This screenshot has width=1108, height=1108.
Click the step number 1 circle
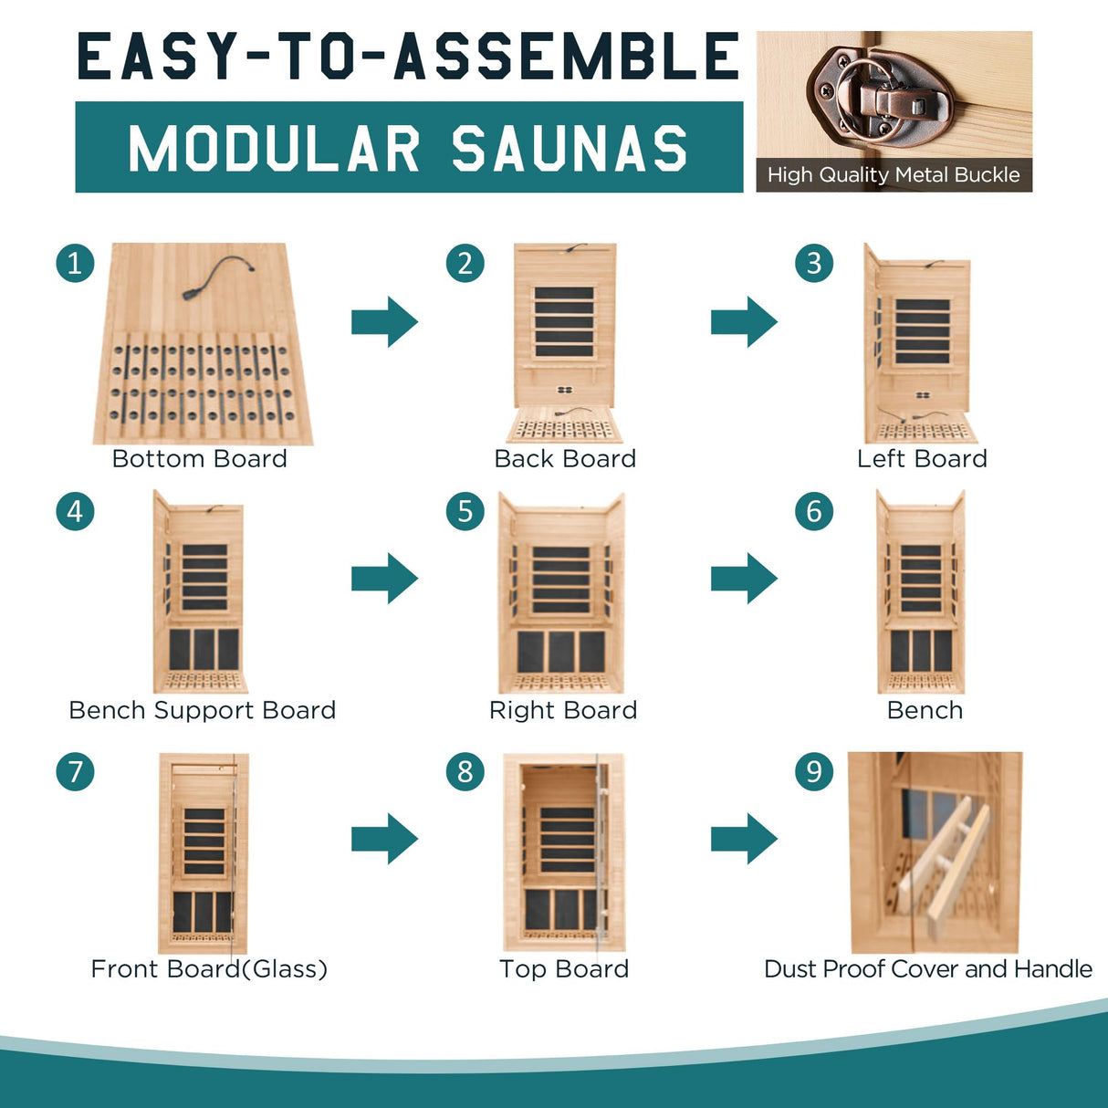click(x=75, y=264)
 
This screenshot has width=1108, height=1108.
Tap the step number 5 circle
click(x=465, y=511)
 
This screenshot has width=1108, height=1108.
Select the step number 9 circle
click(x=814, y=772)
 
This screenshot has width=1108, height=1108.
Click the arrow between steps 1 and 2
click(x=384, y=321)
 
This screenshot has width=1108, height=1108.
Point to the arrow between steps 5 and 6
click(x=744, y=578)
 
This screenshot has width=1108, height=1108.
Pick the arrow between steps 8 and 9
click(x=744, y=838)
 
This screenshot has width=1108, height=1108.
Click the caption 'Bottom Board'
click(x=199, y=458)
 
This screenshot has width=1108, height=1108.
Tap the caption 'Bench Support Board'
click(x=202, y=710)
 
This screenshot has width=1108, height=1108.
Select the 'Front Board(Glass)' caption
click(x=209, y=968)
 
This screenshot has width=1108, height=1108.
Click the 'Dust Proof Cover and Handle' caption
click(x=927, y=968)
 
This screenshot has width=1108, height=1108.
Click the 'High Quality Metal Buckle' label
click(x=894, y=174)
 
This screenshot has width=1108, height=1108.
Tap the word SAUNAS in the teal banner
click(x=570, y=149)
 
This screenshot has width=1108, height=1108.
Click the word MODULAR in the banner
click(x=274, y=149)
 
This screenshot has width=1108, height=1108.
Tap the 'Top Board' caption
click(x=564, y=968)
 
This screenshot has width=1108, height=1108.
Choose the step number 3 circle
click(x=814, y=264)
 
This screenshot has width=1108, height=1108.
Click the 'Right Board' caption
click(x=563, y=710)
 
